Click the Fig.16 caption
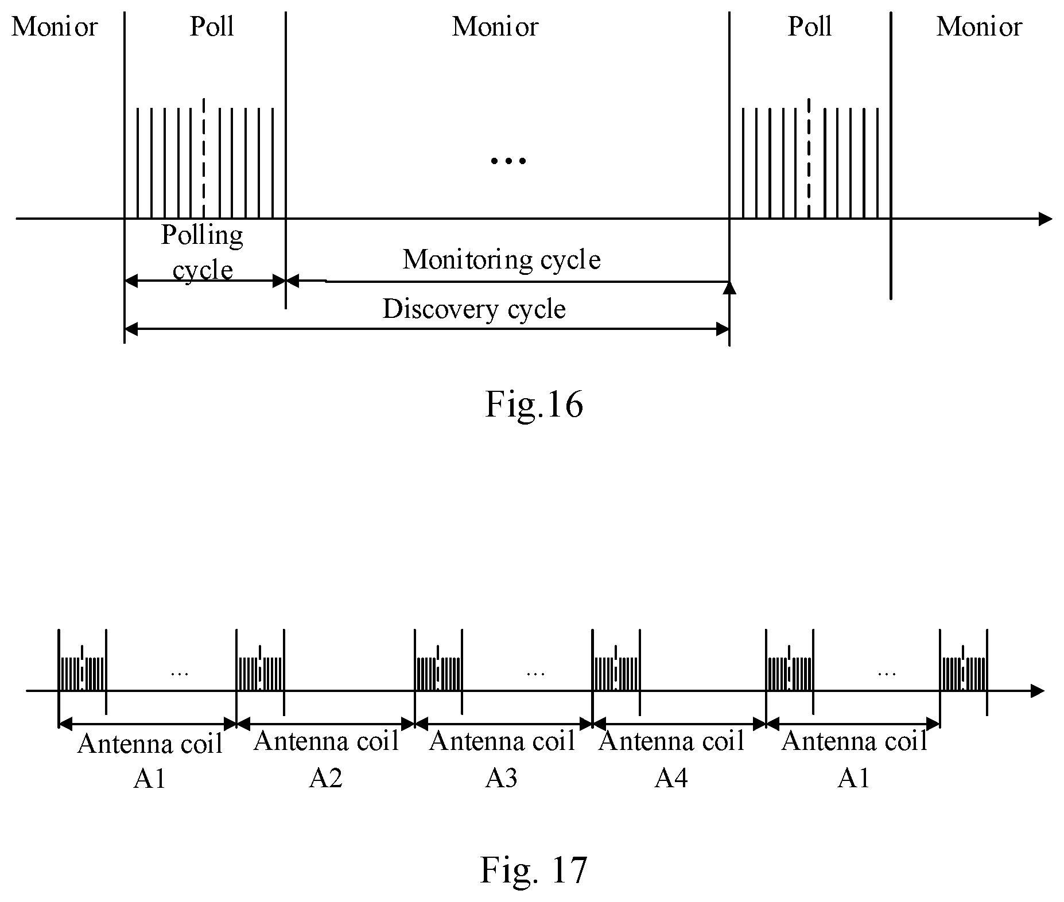534,404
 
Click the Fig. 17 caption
534,869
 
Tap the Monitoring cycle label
502,259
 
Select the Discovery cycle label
474,309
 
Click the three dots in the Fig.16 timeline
508,161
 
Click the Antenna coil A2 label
326,759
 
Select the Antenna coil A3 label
502,759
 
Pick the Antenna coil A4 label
671,759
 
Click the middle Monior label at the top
495,27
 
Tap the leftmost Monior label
55,27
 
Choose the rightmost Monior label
980,27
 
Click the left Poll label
212,26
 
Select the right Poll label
810,26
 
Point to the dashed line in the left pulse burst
204,158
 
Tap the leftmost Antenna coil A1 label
150,760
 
